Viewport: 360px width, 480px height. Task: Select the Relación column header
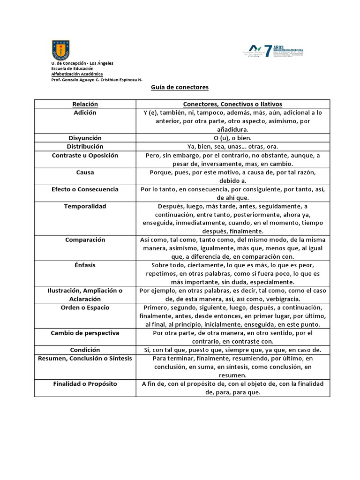[85, 104]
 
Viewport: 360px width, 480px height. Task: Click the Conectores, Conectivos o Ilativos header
[232, 104]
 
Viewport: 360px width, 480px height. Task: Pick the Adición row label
[85, 112]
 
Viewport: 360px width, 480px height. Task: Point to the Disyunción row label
[85, 138]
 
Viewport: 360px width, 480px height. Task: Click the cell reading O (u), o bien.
[232, 138]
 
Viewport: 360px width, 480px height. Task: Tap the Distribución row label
[85, 146]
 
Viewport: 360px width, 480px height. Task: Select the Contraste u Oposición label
[85, 155]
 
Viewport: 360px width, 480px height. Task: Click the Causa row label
[85, 172]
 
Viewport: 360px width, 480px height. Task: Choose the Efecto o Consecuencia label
[85, 189]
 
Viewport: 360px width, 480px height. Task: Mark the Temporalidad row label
[85, 206]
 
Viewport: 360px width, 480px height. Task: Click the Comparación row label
[85, 240]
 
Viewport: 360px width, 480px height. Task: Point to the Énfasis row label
[85, 265]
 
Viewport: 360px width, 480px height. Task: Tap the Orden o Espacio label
[85, 307]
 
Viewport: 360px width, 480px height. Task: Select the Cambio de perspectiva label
[85, 333]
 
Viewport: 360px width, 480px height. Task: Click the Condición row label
[85, 350]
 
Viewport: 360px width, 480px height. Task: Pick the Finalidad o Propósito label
[85, 383]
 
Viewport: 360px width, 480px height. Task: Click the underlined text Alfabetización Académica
[77, 74]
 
